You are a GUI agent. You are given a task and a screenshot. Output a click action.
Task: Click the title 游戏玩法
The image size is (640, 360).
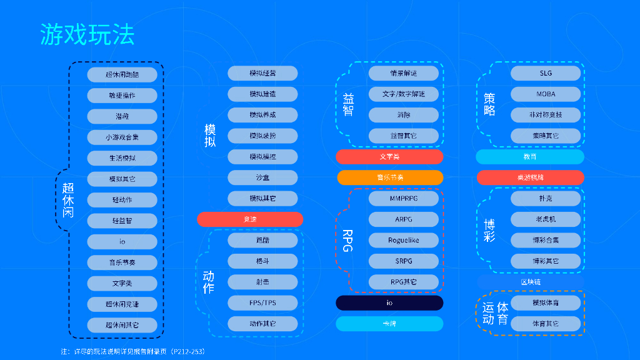87,35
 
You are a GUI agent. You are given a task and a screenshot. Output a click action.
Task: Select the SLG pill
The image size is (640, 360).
546,73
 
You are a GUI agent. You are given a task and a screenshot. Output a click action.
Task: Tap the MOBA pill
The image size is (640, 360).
546,94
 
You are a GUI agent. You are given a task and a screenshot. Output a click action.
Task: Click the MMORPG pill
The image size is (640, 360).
403,199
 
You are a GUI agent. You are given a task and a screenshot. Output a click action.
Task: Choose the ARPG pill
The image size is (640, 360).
403,219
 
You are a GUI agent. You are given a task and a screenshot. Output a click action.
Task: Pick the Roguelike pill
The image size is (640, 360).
403,240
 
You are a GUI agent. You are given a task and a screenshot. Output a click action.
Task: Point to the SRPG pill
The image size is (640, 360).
403,261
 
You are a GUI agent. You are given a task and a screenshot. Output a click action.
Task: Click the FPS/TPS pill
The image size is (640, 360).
262,303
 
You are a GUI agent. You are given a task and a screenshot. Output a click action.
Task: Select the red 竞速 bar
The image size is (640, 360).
250,219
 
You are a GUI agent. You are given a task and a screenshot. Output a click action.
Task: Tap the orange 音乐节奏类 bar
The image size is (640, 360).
389,177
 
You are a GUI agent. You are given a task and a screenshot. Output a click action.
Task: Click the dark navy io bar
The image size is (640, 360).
389,303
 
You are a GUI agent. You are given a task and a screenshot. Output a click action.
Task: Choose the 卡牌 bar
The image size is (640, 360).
389,324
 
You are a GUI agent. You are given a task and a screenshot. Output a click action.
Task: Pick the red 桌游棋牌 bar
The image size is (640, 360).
530,177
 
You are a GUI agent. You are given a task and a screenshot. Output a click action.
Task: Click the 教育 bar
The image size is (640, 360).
530,157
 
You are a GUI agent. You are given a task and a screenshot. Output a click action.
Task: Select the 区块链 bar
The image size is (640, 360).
530,282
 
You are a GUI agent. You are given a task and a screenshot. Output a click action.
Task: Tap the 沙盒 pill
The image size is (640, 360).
262,177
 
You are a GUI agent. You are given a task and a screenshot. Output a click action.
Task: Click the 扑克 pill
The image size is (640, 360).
546,199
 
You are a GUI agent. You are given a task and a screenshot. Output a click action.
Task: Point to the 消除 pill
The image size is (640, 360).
403,115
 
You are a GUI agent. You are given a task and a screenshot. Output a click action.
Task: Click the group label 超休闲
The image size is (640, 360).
67,199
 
